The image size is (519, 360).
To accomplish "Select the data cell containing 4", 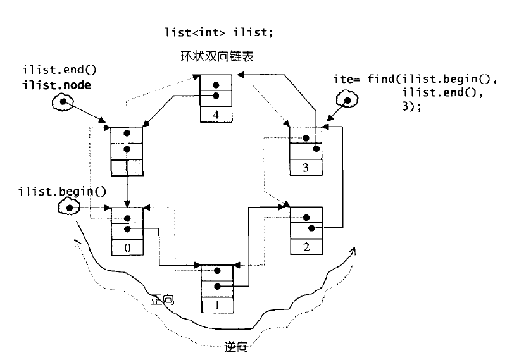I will (216, 115).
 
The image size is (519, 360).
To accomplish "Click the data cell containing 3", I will (306, 168).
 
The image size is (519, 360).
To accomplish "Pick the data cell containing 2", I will (306, 246).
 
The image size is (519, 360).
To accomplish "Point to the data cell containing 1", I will (218, 304).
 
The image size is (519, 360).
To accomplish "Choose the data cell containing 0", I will (127, 247).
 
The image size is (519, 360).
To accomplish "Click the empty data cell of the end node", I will (127, 169).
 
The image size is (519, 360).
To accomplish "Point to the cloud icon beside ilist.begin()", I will (68, 207).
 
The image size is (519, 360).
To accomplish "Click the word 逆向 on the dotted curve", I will (235, 346).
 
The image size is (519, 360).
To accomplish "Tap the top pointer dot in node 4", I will (216, 84).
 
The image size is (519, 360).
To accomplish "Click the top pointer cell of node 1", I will (218, 268).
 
